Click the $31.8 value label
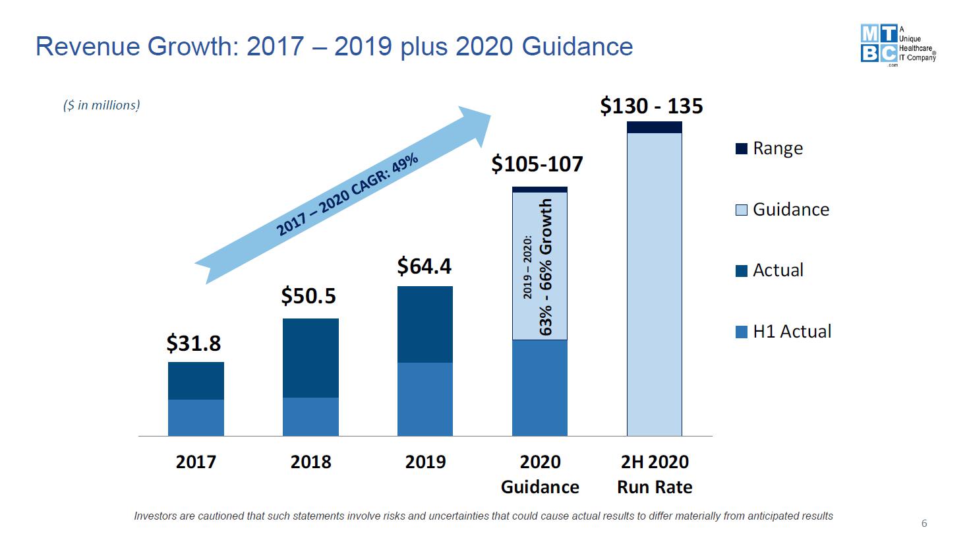193,344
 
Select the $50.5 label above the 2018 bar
308,296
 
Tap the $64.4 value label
424,266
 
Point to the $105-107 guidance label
537,164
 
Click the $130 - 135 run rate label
651,106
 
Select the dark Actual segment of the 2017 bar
196,380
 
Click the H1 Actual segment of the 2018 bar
310,416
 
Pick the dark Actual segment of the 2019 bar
425,324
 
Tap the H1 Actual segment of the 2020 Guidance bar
540,387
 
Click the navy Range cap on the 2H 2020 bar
655,127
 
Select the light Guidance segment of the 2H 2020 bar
655,284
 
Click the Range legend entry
769,148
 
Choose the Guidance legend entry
782,210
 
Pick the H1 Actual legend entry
783,331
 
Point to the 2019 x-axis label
425,462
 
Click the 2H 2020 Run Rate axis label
655,474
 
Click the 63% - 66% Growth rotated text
546,267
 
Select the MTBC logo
897,44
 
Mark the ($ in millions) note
102,106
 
